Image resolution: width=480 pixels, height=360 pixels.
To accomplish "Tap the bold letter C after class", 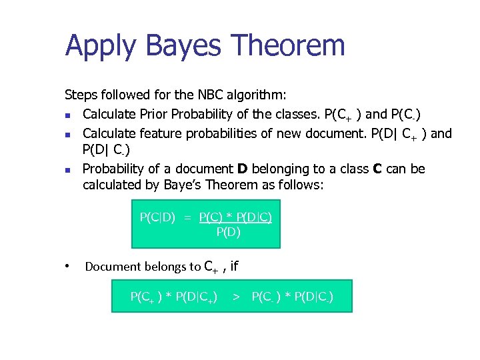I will click(376, 169).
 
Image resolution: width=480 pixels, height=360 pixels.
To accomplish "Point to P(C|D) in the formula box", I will click(157, 217).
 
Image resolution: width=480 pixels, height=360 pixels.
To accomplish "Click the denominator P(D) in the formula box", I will click(228, 232).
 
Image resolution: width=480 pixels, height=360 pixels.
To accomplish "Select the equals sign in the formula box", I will click(187, 217).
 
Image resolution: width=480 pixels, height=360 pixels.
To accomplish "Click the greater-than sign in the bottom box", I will click(235, 295).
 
